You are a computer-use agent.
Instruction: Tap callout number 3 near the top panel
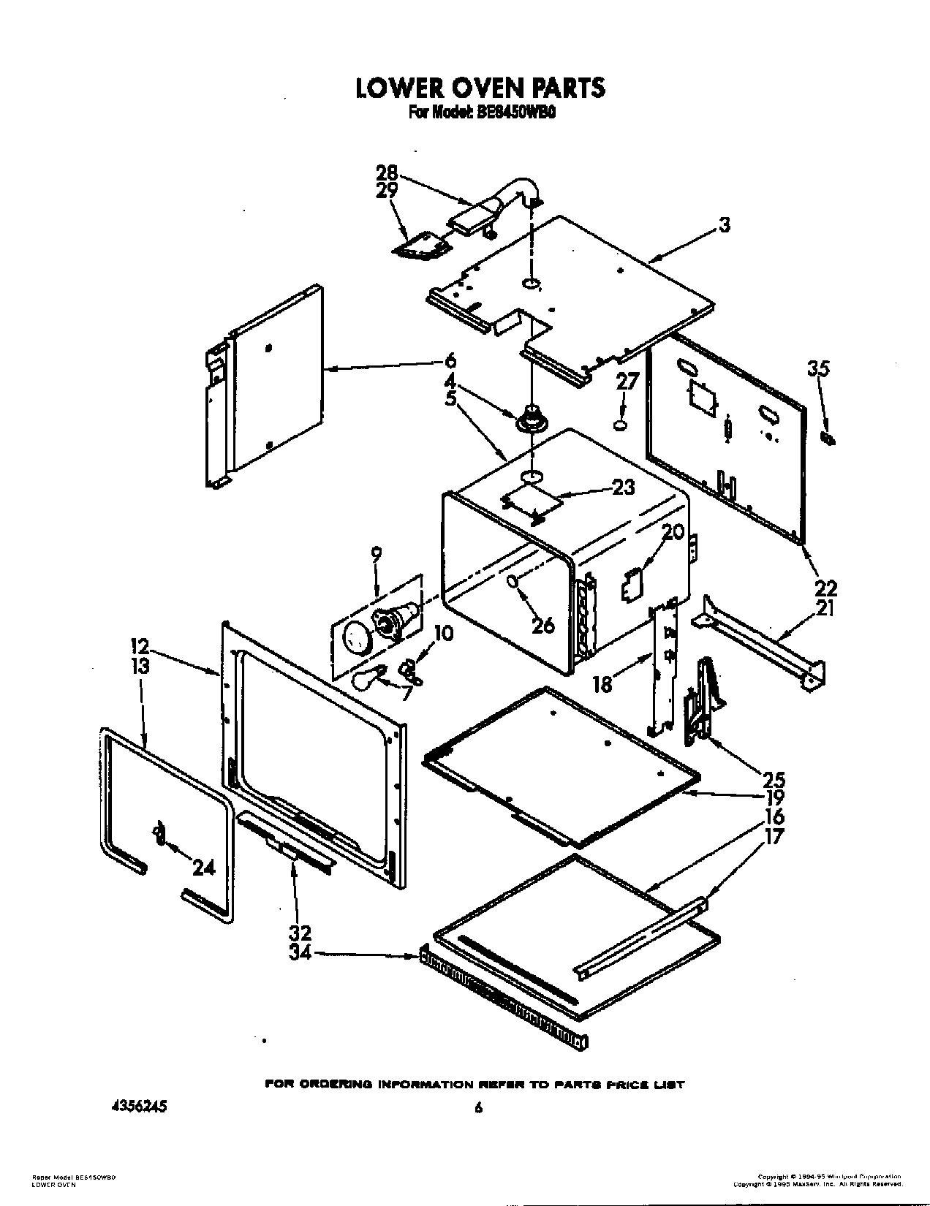point(724,225)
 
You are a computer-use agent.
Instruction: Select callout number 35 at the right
point(818,369)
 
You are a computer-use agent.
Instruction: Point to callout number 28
point(387,173)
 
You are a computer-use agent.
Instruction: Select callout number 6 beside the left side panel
point(450,360)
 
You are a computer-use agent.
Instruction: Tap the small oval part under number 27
point(620,424)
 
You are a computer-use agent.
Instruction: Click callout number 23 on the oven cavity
point(623,487)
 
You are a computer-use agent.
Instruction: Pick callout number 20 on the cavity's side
point(673,531)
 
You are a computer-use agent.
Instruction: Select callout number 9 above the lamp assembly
point(376,555)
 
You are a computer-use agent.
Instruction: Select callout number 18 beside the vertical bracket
point(603,685)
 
